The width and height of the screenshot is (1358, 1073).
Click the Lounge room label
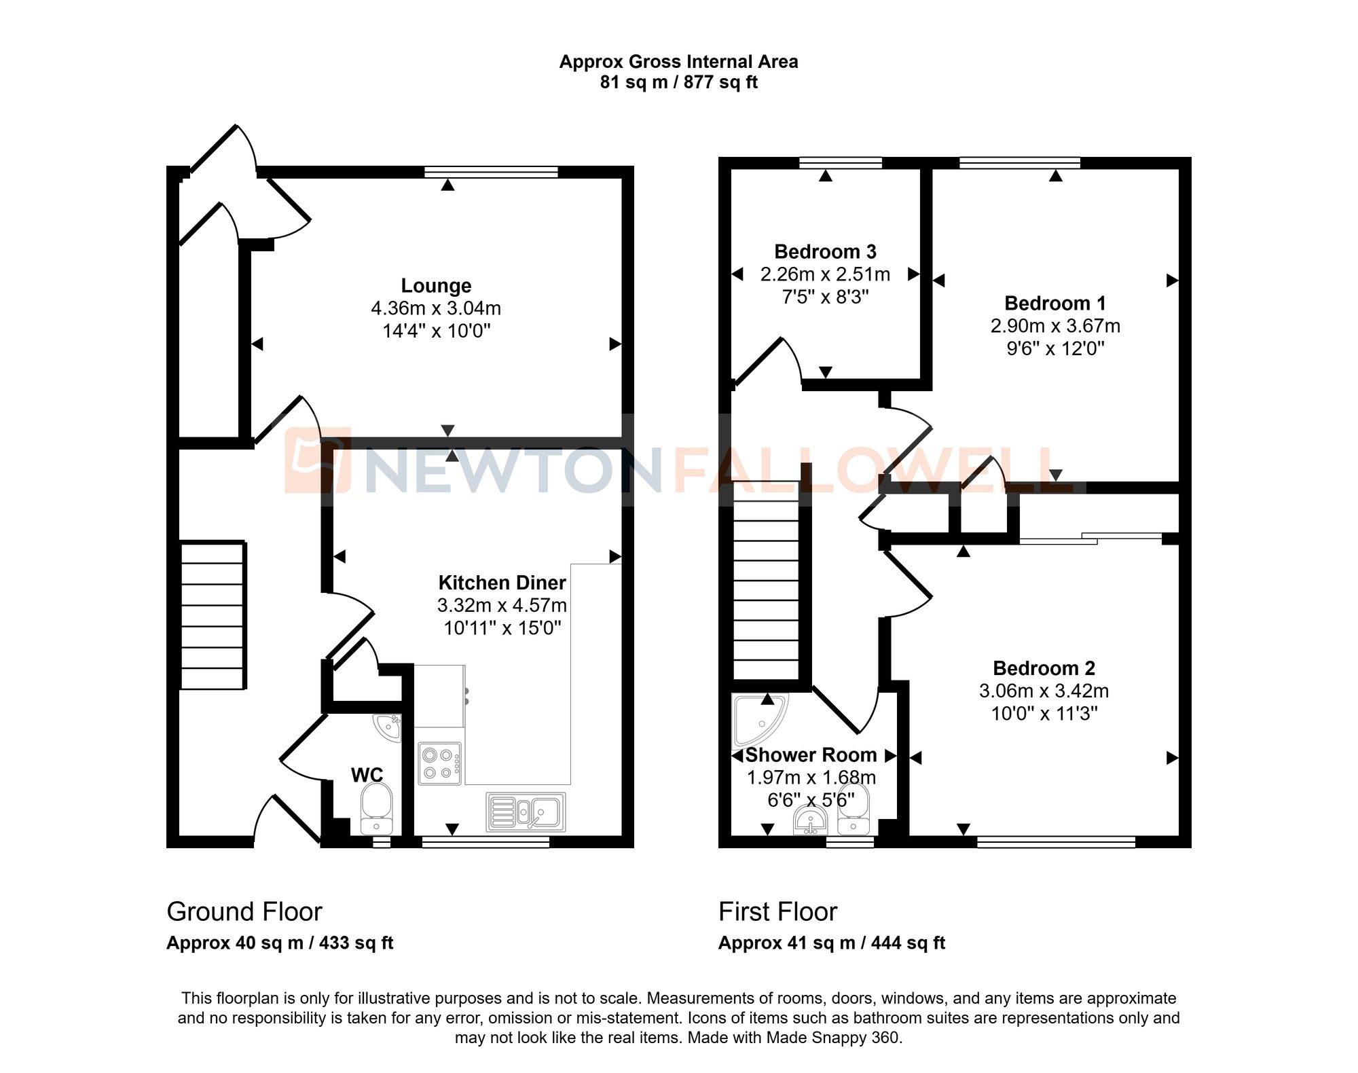(436, 286)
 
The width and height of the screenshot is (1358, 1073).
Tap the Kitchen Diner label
(502, 583)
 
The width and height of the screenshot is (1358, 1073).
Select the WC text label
(367, 775)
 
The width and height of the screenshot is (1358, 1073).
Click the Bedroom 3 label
(825, 252)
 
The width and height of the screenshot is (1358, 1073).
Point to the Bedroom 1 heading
(1054, 303)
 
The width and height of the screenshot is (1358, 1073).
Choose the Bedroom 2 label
(1044, 668)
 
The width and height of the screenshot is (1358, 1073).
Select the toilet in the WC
(376, 807)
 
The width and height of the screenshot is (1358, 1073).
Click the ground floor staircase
(213, 615)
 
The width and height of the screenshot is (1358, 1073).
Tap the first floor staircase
(766, 581)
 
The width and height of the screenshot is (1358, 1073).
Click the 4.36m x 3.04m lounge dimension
(436, 308)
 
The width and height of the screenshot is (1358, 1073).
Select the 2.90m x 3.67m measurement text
(1054, 326)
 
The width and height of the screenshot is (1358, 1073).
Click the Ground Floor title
(244, 911)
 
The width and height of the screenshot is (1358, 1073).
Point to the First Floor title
(777, 911)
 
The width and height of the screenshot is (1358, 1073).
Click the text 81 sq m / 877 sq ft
(678, 82)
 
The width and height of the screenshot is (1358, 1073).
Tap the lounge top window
(491, 172)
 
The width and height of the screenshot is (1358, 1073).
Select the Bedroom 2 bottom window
(1056, 842)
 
